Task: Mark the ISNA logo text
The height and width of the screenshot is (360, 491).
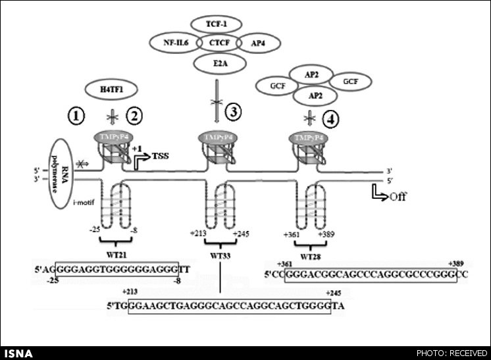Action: tap(16, 353)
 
